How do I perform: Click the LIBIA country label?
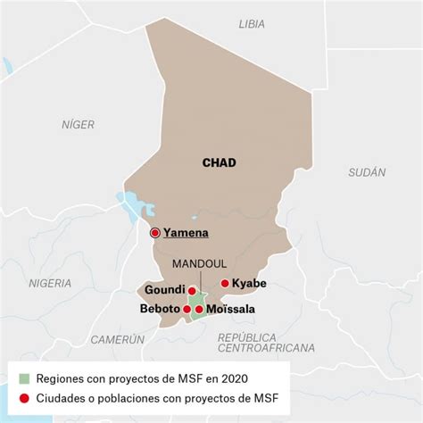pyautogui.click(x=252, y=24)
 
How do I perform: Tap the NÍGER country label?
pyautogui.click(x=78, y=125)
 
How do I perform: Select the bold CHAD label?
pyautogui.click(x=219, y=162)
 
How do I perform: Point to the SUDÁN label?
pyautogui.click(x=367, y=171)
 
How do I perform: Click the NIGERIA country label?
pyautogui.click(x=50, y=283)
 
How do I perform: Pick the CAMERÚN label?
pyautogui.click(x=117, y=339)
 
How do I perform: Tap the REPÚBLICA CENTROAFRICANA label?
pyautogui.click(x=266, y=343)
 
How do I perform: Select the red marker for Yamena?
pyautogui.click(x=155, y=233)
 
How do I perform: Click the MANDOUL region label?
pyautogui.click(x=197, y=265)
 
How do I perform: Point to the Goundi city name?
pyautogui.click(x=162, y=290)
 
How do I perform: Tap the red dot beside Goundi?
pyautogui.click(x=192, y=290)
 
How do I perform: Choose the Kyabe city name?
pyautogui.click(x=249, y=284)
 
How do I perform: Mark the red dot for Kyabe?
pyautogui.click(x=224, y=284)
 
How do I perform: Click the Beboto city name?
pyautogui.click(x=160, y=310)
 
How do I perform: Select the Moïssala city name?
pyautogui.click(x=230, y=310)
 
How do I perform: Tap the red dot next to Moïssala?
pyautogui.click(x=199, y=310)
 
